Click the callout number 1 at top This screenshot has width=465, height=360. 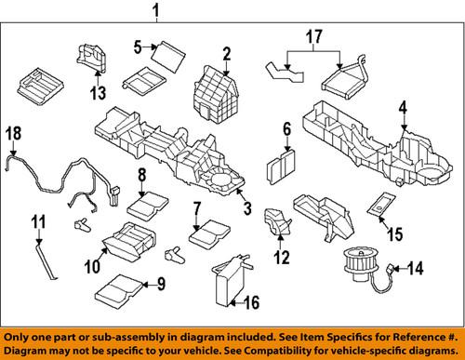156,11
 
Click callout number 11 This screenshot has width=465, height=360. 38,221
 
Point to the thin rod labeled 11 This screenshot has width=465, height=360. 46,260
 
